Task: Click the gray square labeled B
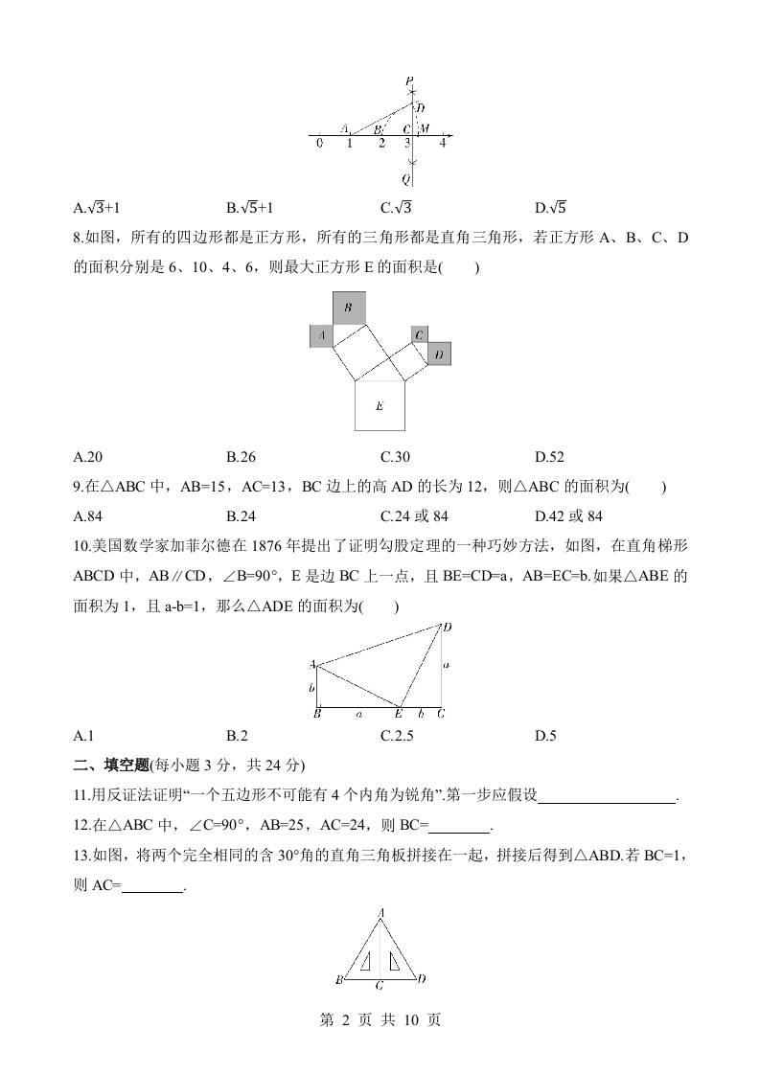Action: [x=349, y=308]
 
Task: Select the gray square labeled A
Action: [x=321, y=335]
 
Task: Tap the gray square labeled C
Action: [x=419, y=334]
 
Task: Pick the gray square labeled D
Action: [x=439, y=354]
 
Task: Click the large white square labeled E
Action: [x=380, y=405]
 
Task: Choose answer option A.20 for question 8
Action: [x=88, y=458]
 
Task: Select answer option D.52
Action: [x=549, y=458]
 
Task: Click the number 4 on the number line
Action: [x=443, y=144]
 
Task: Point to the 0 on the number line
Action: [x=320, y=144]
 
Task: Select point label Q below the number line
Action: [x=406, y=178]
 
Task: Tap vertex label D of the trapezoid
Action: [x=447, y=627]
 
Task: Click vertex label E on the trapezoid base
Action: [x=399, y=713]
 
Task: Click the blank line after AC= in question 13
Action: [x=152, y=887]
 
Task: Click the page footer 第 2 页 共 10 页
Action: [x=380, y=1021]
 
